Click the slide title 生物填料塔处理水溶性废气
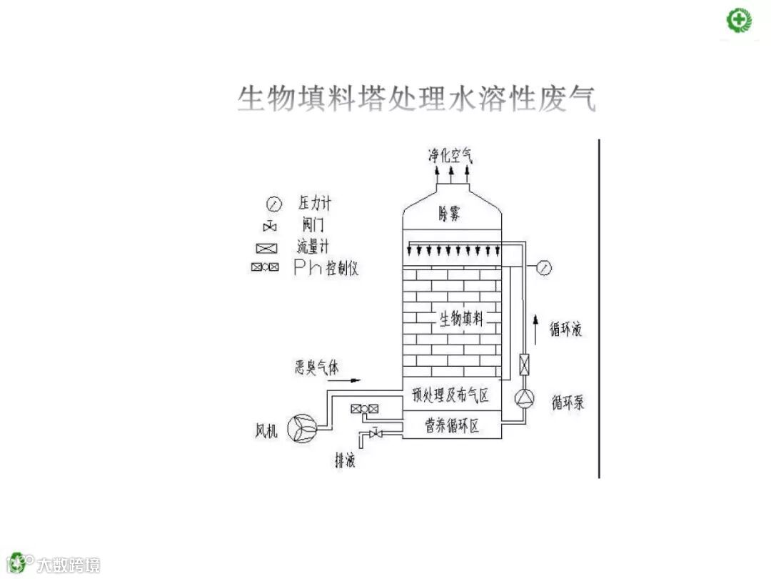coord(416,99)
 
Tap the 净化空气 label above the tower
coord(450,154)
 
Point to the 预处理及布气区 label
coord(450,395)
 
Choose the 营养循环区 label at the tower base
coord(452,427)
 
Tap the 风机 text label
coord(266,431)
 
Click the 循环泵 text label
coord(568,402)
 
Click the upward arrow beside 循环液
coord(537,328)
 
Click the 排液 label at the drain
coord(346,460)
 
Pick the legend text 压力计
coord(315,204)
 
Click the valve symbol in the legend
coord(270,227)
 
